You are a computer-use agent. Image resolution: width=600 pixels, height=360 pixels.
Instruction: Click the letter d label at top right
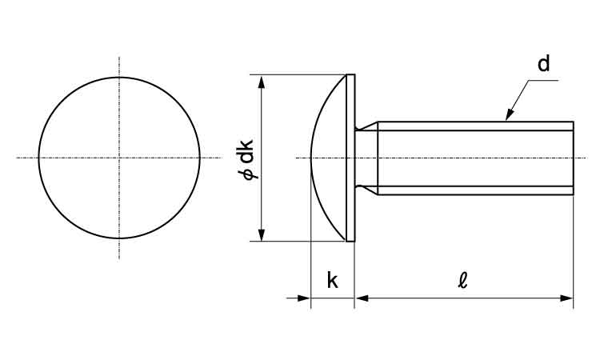click(x=543, y=63)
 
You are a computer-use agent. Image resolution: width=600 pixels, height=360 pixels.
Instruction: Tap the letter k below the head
click(x=333, y=280)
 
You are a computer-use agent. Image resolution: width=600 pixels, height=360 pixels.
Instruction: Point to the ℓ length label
click(x=463, y=280)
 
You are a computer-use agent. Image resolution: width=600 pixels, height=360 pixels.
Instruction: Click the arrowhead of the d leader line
click(x=510, y=114)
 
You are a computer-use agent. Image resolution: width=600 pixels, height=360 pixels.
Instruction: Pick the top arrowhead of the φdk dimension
click(x=262, y=82)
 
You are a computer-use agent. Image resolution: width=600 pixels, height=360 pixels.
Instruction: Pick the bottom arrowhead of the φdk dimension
click(x=262, y=234)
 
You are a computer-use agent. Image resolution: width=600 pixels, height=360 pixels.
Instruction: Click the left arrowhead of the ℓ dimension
click(x=362, y=298)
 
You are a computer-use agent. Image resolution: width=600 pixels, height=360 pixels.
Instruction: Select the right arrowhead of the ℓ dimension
click(x=566, y=298)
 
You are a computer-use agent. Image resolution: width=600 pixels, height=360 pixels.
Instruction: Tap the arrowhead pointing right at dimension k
click(x=304, y=298)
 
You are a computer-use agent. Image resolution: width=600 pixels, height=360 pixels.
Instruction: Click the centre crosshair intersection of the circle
click(x=119, y=158)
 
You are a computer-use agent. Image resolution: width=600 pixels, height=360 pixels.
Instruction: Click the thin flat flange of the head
click(x=350, y=158)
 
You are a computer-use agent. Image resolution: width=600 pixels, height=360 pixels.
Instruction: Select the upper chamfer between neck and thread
click(x=366, y=126)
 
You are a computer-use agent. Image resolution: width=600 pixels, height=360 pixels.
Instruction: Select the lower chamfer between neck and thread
click(x=366, y=190)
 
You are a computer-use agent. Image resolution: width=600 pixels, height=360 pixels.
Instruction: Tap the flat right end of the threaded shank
click(x=574, y=158)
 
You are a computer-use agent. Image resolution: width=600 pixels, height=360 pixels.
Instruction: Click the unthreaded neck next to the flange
click(x=366, y=158)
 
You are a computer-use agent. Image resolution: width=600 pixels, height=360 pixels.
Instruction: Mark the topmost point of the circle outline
click(x=119, y=78)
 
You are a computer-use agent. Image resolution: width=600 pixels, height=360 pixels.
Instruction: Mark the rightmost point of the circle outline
click(x=200, y=158)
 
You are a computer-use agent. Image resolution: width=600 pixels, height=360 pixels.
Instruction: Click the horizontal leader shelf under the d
click(x=543, y=80)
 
